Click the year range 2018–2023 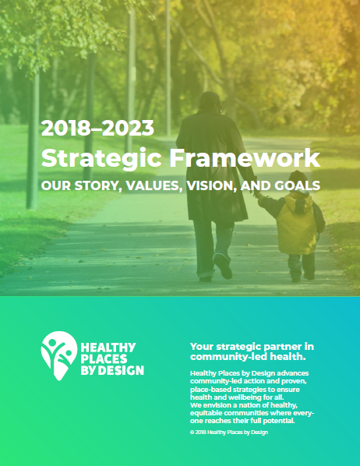pyautogui.click(x=97, y=128)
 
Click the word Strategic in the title pyautogui.click(x=101, y=159)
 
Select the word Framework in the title pyautogui.click(x=245, y=157)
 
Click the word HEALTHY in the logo pyautogui.click(x=108, y=348)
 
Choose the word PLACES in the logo pyautogui.click(x=104, y=358)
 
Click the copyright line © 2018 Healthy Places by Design pyautogui.click(x=229, y=432)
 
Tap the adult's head pyautogui.click(x=210, y=101)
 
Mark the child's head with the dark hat pyautogui.click(x=298, y=180)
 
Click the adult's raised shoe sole pyautogui.click(x=223, y=267)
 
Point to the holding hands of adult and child pyautogui.click(x=257, y=196)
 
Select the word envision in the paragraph pyautogui.click(x=217, y=405)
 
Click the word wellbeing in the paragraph pyautogui.click(x=245, y=397)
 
